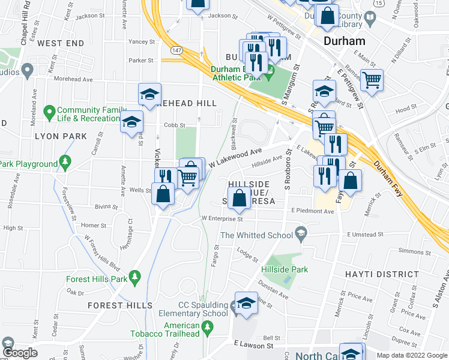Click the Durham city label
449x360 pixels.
(344, 41)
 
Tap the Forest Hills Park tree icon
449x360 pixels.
(136, 276)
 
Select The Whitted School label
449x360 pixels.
(257, 235)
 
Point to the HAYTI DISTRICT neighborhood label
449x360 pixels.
(382, 274)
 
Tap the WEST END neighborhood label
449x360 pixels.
(61, 44)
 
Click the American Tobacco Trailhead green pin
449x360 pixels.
(208, 328)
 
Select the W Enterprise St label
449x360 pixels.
(222, 219)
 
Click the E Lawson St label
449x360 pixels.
(254, 345)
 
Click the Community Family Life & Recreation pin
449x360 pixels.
(50, 111)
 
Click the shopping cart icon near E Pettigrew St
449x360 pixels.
(372, 79)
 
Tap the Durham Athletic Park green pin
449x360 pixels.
(270, 74)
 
